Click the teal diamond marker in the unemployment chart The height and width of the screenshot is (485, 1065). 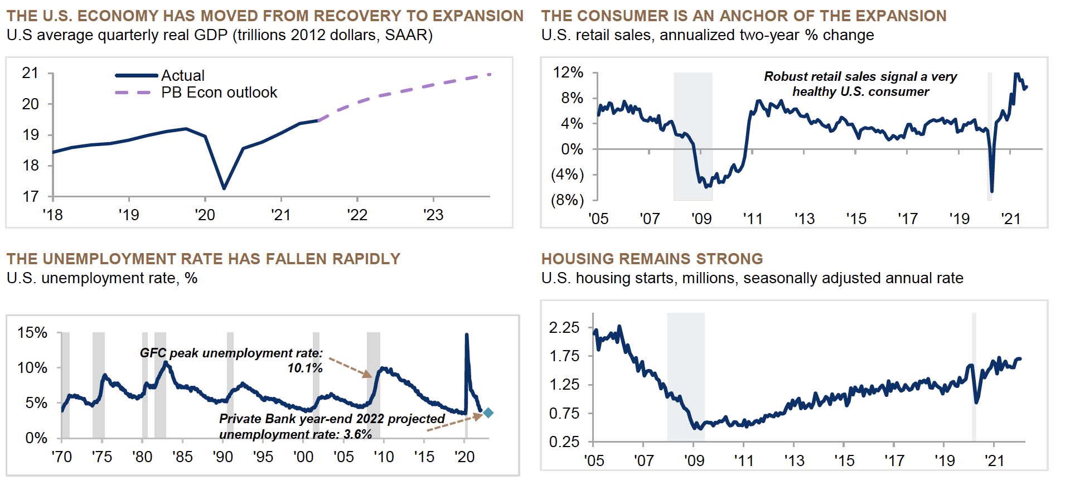tap(488, 413)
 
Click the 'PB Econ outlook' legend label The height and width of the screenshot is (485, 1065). tap(219, 93)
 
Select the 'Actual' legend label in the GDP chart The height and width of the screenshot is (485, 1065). tap(183, 75)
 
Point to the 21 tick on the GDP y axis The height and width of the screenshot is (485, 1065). tap(30, 73)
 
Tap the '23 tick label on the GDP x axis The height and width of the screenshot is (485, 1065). tap(433, 215)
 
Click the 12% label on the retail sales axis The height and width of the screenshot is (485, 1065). tap(568, 72)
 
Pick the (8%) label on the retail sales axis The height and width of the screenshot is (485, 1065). tap(567, 200)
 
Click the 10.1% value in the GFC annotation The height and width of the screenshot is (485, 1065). tap(305, 368)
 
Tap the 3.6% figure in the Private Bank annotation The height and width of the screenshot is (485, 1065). tap(357, 434)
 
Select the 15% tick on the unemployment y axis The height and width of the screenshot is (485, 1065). tap(32, 333)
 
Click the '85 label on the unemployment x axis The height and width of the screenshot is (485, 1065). tap(182, 457)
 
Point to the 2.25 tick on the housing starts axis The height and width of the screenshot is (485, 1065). tap(564, 327)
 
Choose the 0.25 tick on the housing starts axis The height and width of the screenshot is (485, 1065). tap(564, 442)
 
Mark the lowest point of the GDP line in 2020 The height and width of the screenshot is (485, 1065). tap(224, 188)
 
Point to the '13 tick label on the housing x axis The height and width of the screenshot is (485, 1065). tap(794, 461)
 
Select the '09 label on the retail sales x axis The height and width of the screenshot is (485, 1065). tap(701, 219)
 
